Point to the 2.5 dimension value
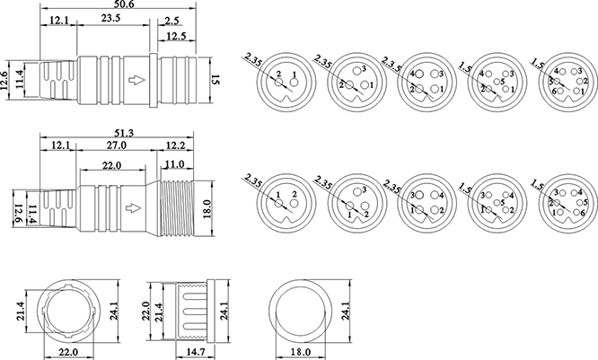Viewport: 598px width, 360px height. [x=171, y=19]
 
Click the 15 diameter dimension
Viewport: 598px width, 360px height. [x=216, y=82]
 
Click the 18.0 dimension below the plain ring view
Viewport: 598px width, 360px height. [x=312, y=353]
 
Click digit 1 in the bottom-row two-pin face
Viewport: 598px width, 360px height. [x=278, y=195]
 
